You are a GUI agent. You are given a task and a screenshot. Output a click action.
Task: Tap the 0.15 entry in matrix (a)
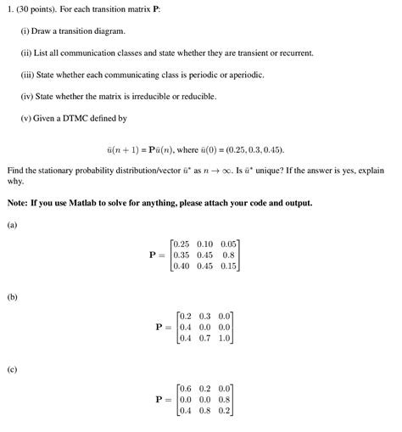[226, 266]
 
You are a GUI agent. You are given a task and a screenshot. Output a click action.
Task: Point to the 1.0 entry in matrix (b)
[224, 338]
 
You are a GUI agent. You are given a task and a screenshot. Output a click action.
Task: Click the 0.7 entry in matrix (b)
[205, 338]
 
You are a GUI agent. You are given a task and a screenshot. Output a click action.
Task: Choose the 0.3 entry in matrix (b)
[205, 316]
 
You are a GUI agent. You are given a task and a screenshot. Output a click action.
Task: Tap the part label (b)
[12, 297]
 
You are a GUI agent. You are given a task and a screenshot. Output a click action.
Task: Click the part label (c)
[12, 369]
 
